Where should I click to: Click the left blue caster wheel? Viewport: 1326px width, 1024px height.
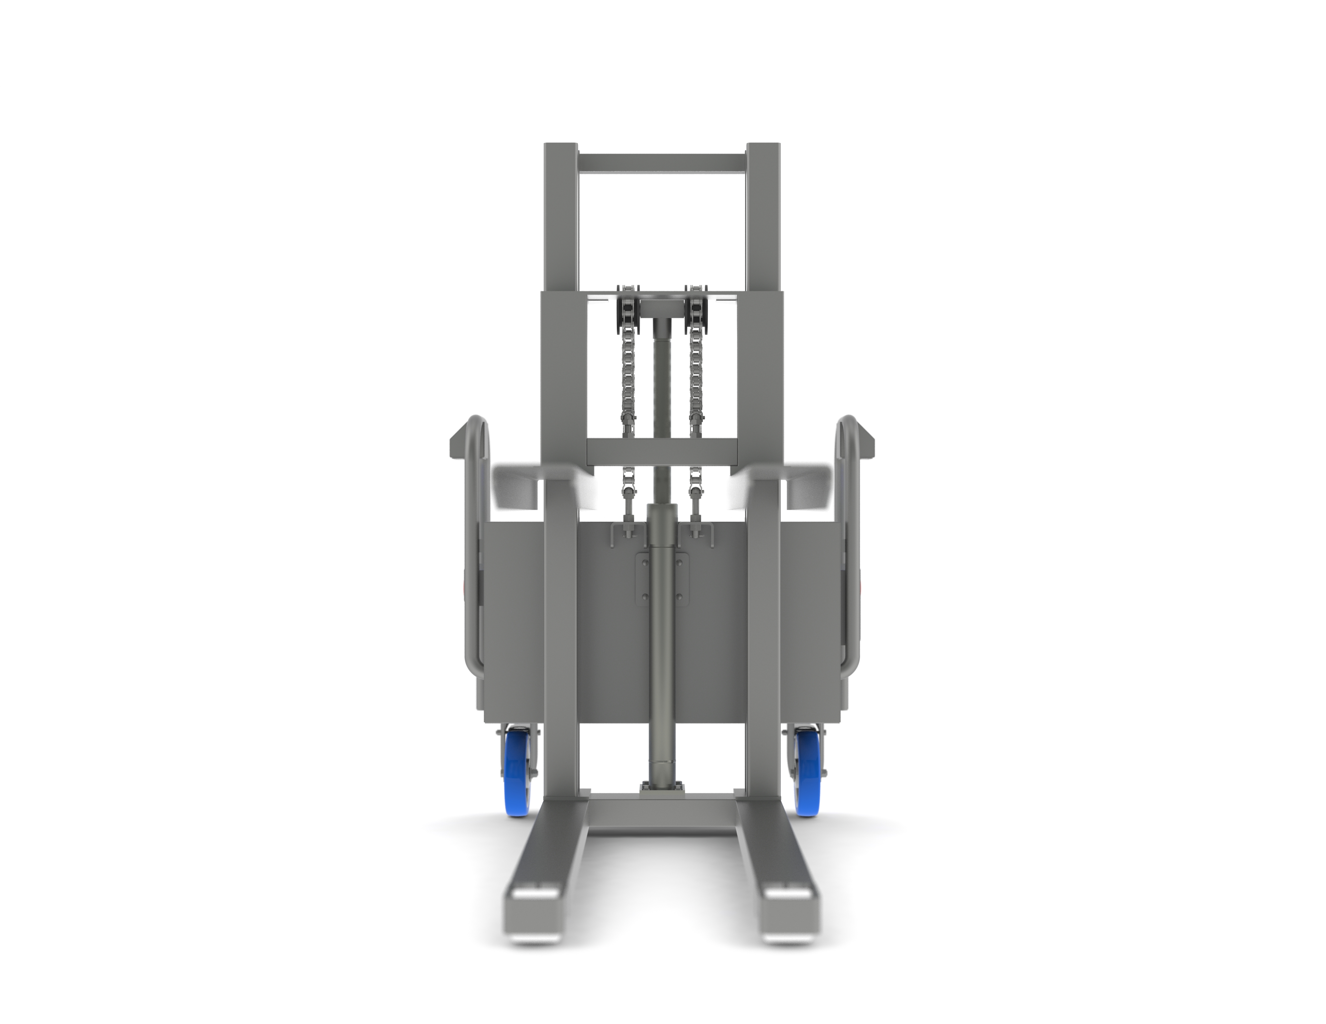click(x=517, y=772)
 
